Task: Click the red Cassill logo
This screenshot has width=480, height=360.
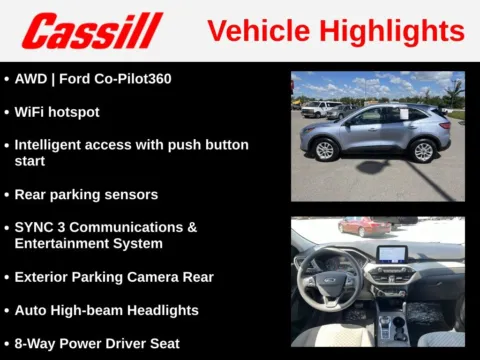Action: [92, 31]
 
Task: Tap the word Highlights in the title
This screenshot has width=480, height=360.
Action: [392, 31]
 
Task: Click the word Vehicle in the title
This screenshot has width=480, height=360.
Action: [259, 31]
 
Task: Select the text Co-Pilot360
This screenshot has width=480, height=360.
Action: [133, 79]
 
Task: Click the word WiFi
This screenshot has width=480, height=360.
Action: [29, 112]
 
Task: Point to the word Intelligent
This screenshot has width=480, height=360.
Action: [47, 145]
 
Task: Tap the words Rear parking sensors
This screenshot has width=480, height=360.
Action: [86, 195]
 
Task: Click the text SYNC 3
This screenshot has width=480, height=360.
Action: [40, 227]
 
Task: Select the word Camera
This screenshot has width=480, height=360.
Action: [153, 277]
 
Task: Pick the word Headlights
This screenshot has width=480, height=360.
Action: [163, 311]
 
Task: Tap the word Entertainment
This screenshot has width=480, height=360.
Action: [62, 244]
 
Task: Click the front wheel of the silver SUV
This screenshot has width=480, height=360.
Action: [325, 150]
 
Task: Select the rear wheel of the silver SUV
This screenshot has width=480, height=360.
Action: [423, 152]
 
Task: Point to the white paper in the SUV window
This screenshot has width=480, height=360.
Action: [404, 114]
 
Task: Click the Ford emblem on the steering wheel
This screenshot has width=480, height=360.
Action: [329, 281]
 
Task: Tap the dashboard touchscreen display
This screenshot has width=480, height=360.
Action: [392, 254]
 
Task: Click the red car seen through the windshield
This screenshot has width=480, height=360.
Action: [364, 227]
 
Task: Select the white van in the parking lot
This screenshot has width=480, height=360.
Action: [318, 109]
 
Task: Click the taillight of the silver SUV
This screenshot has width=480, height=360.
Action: [445, 126]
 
